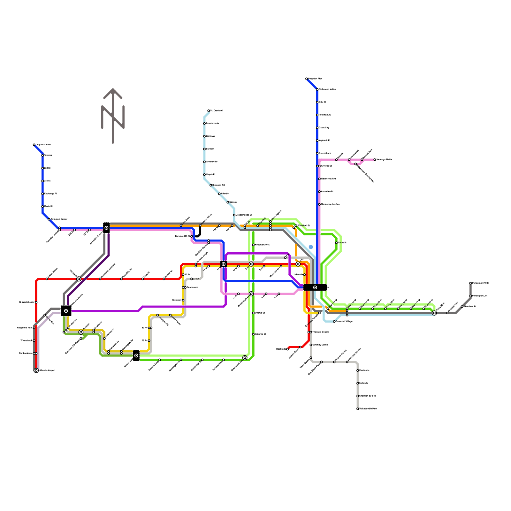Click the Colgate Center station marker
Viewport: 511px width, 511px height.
pos(34,145)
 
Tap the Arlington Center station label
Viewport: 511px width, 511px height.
pos(59,219)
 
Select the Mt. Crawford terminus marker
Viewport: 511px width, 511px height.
pos(209,111)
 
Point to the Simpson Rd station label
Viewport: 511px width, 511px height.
pos(218,185)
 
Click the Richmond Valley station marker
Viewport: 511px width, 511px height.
pos(317,89)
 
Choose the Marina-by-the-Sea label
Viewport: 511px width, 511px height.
pos(330,204)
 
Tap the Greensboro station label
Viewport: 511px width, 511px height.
pos(325,153)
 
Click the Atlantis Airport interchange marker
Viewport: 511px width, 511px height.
pos(36,370)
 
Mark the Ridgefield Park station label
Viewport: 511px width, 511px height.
pos(25,328)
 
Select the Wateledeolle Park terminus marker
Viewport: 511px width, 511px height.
pos(358,409)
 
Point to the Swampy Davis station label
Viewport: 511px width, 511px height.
pos(320,345)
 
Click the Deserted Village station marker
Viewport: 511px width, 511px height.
pos(334,322)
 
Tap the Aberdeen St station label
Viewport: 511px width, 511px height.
pos(470,307)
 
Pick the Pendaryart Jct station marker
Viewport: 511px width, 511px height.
pos(470,296)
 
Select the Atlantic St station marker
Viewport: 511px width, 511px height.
pos(253,334)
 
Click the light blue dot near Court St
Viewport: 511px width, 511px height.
pos(311,247)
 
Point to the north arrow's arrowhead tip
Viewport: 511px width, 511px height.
pos(113,89)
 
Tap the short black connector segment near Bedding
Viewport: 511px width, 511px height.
pos(199,233)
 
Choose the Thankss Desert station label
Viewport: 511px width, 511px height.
pos(320,332)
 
